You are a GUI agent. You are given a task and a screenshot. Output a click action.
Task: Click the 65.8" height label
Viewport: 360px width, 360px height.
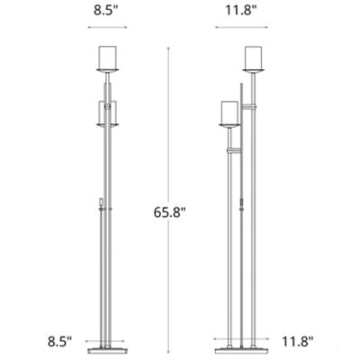click(x=174, y=214)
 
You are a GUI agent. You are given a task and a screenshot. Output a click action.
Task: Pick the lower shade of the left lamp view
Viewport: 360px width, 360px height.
click(x=109, y=113)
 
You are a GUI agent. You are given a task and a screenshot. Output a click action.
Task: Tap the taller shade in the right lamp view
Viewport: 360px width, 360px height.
click(x=255, y=57)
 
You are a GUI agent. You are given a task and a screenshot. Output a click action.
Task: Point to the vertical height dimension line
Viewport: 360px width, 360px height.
click(x=168, y=135)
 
